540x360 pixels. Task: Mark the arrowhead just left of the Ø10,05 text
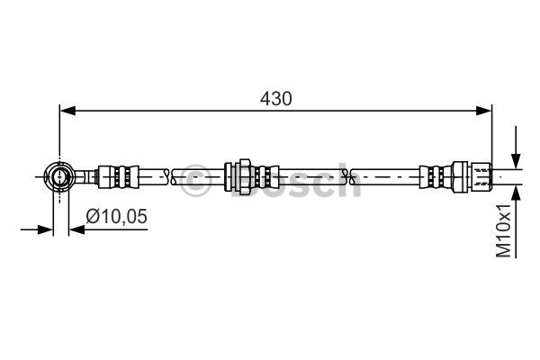point(76,229)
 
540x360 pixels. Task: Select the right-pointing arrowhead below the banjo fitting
point(47,229)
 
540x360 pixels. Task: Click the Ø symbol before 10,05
point(93,216)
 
